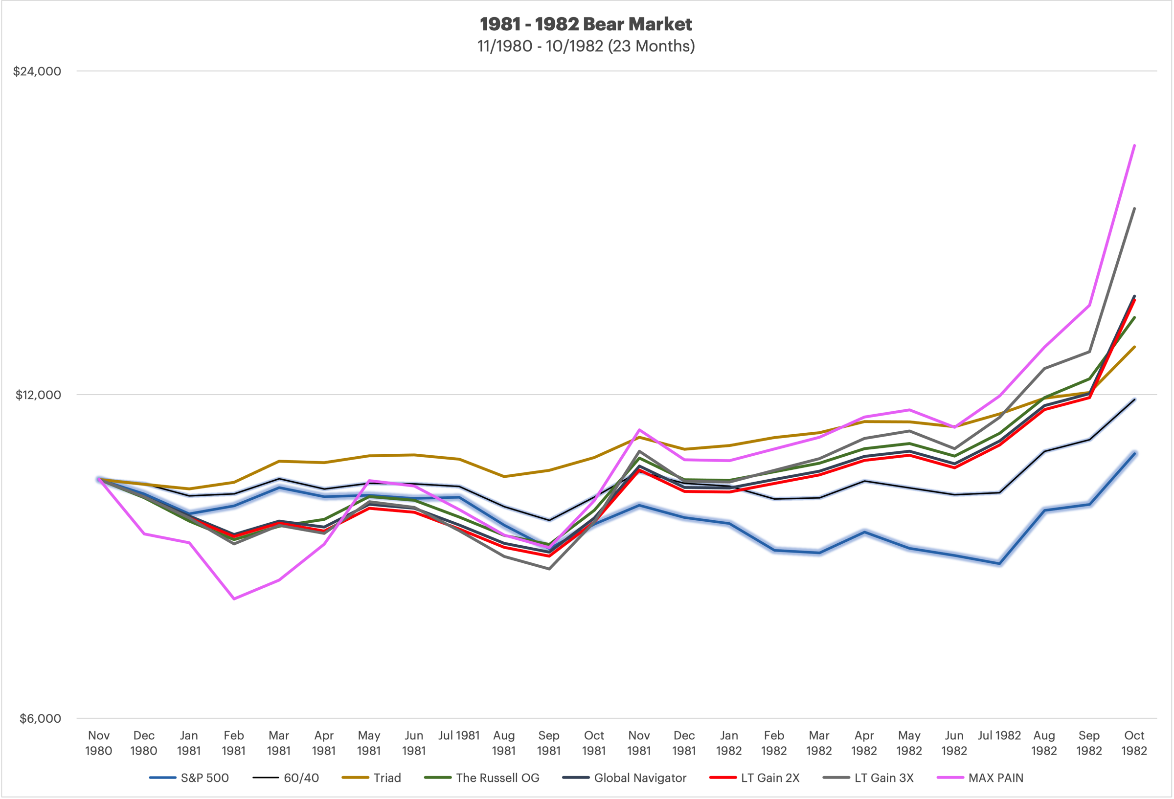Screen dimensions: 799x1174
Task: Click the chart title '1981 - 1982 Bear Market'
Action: click(x=586, y=24)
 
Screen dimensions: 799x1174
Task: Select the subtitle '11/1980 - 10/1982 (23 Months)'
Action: click(x=586, y=46)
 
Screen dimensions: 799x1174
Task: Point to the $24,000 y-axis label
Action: click(x=37, y=71)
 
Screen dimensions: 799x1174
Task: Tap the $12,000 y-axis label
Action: click(x=38, y=395)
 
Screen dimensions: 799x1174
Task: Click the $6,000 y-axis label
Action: click(x=41, y=718)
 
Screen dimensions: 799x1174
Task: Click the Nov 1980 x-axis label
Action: click(x=98, y=743)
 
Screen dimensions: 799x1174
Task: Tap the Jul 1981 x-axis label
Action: click(x=459, y=735)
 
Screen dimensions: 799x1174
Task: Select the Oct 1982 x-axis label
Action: click(x=1134, y=743)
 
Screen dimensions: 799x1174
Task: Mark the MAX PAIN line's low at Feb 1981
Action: click(x=234, y=599)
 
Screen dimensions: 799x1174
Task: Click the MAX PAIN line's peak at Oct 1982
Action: click(x=1134, y=145)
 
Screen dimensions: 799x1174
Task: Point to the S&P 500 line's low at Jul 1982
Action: click(x=999, y=564)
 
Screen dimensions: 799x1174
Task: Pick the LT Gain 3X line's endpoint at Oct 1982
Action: click(x=1134, y=209)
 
